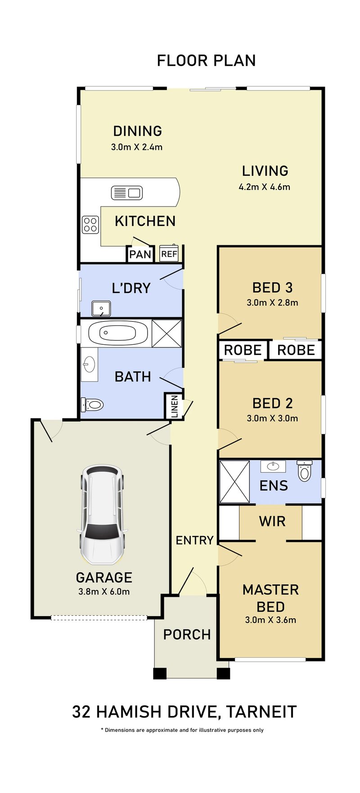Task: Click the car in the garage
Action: [101, 514]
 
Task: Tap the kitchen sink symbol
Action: [126, 193]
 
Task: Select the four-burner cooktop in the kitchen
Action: [90, 225]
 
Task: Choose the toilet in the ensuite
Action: [305, 470]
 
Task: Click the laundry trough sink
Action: [101, 308]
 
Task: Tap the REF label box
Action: [169, 254]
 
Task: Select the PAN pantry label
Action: [140, 255]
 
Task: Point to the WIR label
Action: [272, 521]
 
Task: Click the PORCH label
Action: [187, 635]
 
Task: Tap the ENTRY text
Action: [194, 540]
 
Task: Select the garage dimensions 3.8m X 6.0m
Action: [104, 592]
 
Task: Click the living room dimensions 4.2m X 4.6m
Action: [265, 186]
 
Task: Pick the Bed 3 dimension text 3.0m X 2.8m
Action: [272, 302]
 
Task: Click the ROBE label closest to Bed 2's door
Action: [243, 350]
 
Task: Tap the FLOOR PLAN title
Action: [206, 60]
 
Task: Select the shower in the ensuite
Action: [234, 482]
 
